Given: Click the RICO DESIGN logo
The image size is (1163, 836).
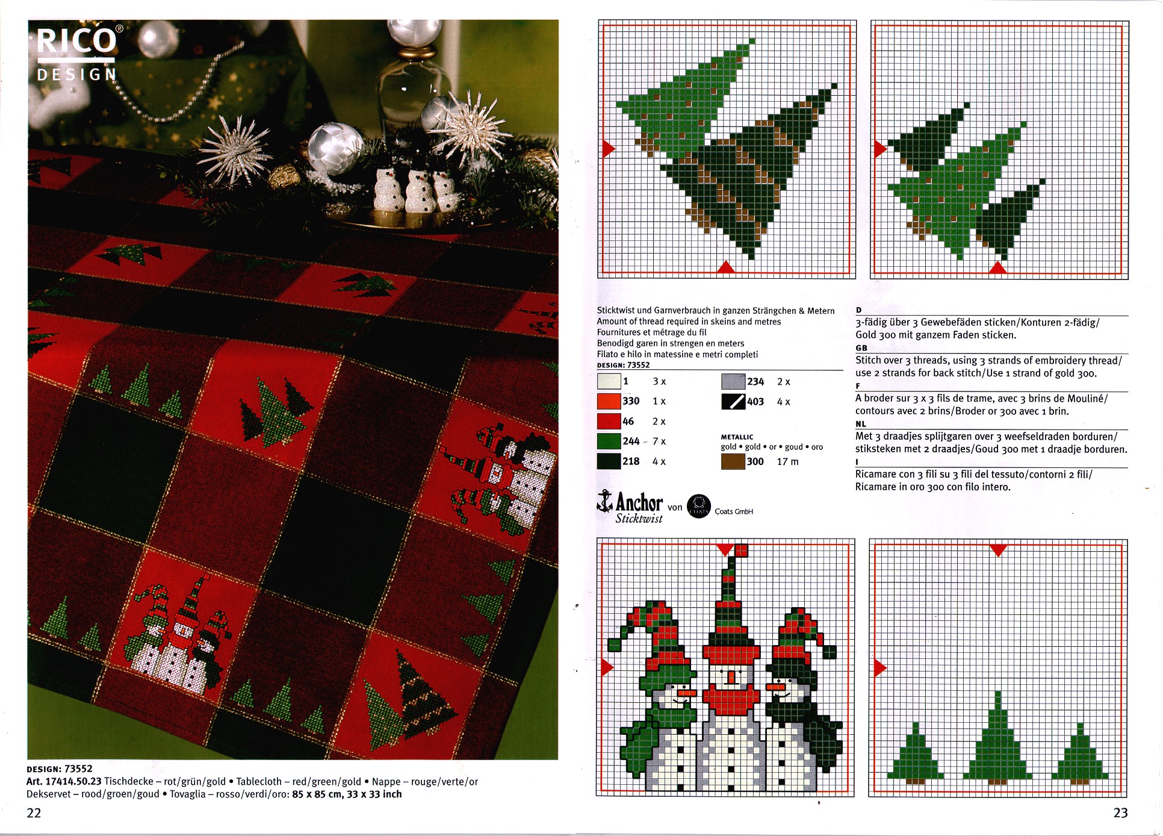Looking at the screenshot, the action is point(77,54).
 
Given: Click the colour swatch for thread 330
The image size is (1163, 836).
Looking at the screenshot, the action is point(609,401).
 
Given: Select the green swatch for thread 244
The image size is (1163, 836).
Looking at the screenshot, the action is point(609,441).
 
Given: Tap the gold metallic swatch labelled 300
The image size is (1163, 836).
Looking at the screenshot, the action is point(733,462).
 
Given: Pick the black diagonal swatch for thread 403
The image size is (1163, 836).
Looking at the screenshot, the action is point(733,402).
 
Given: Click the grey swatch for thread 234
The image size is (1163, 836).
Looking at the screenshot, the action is point(733,381).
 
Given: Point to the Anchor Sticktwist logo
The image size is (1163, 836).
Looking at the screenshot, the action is point(630,507).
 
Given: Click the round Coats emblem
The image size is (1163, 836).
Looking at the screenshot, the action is point(699,507).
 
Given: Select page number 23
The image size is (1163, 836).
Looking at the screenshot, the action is point(1120,813).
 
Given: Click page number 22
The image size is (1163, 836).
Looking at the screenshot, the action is point(34,813).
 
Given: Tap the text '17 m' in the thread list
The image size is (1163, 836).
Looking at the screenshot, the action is point(787,462).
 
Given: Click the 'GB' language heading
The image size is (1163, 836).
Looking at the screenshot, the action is point(861,348).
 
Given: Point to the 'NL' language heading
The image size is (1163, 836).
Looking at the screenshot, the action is point(861,424).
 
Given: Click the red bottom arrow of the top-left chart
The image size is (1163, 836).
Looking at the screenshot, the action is point(726,267).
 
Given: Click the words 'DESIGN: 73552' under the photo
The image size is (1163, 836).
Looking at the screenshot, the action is point(60,769).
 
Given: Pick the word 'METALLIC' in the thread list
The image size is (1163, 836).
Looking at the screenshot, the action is point(737,437).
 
